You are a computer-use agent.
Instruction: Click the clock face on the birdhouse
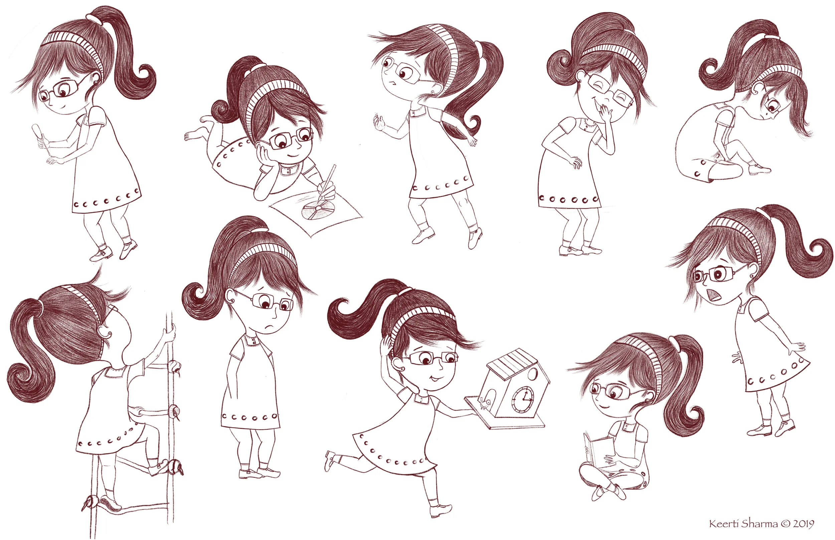tap(523, 399)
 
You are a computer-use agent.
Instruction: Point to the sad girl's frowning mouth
tap(269, 326)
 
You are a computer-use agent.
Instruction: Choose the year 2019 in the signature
tap(803, 524)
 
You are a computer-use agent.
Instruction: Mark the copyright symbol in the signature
tap(786, 524)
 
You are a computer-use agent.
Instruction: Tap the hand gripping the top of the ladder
tap(170, 332)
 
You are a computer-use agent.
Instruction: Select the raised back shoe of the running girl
tap(330, 459)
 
